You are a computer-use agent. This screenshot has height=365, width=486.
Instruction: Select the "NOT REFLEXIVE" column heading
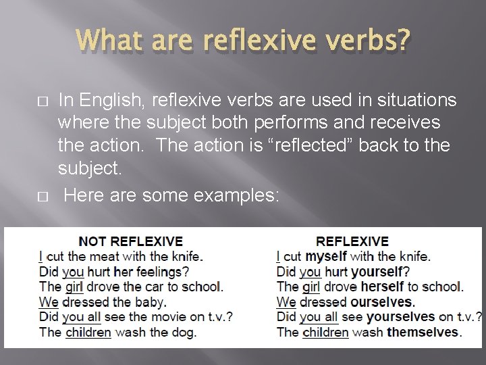click(131, 241)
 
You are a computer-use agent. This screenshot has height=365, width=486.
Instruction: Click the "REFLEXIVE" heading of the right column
click(352, 241)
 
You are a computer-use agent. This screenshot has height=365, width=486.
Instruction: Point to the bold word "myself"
click(326, 257)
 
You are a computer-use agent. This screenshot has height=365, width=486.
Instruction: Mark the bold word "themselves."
click(423, 332)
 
